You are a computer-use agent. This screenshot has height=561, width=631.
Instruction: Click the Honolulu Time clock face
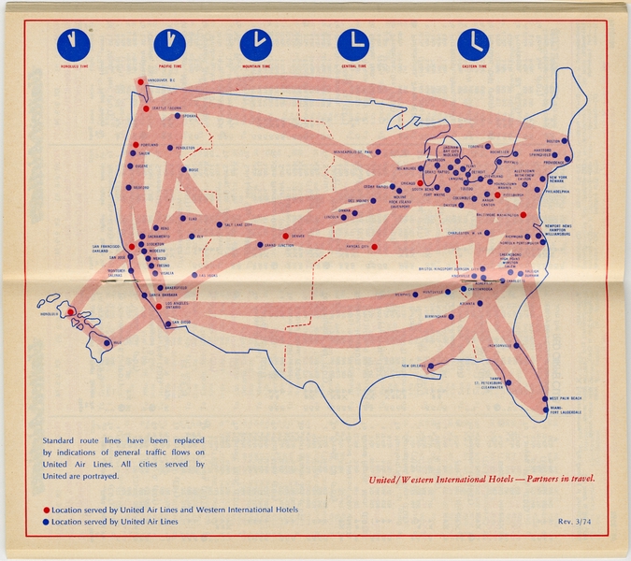point(72,44)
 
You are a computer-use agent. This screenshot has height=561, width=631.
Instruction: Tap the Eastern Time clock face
point(473,44)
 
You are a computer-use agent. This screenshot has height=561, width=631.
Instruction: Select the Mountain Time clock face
point(255,44)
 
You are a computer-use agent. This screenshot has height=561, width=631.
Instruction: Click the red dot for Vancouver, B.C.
point(140,81)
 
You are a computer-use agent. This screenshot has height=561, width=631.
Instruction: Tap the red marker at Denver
point(285,236)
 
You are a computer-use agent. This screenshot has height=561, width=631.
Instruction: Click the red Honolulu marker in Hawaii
point(71,311)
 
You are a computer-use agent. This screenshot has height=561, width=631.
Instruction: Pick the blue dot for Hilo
point(107,341)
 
